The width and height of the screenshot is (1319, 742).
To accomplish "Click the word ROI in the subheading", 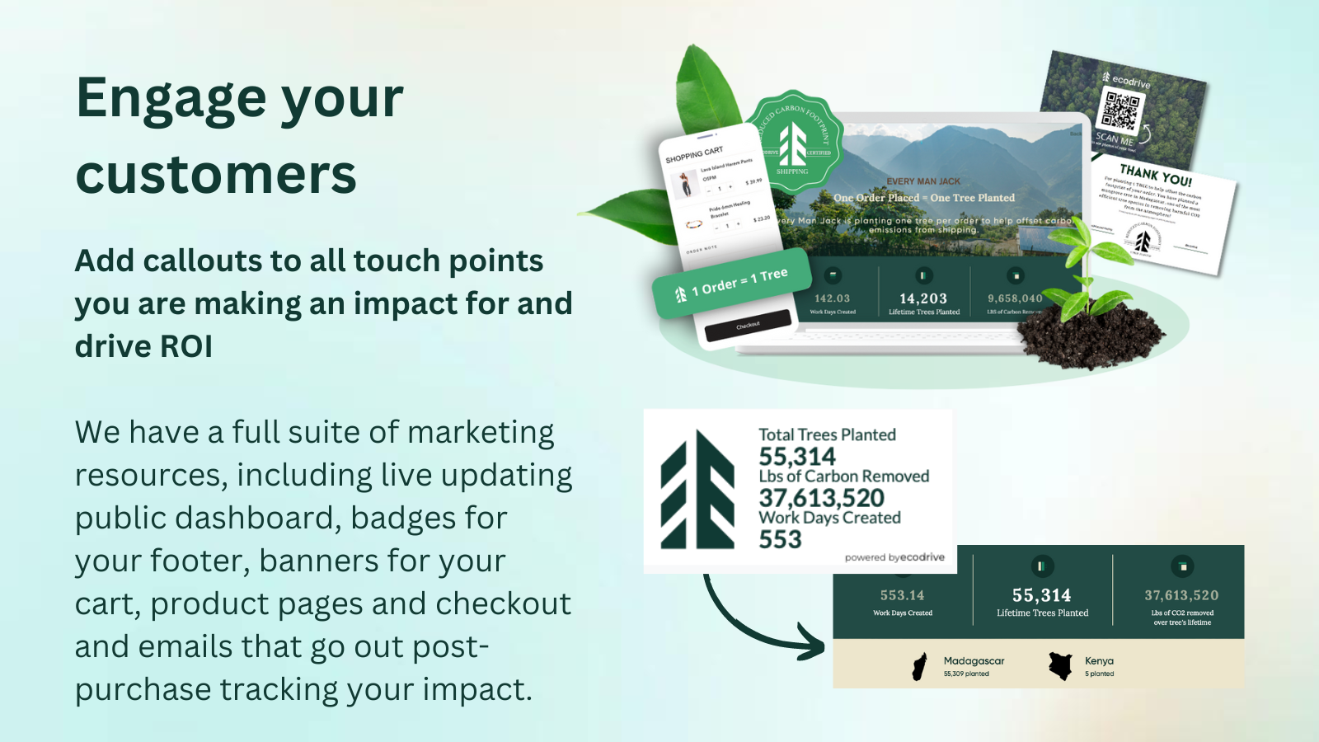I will [x=185, y=347].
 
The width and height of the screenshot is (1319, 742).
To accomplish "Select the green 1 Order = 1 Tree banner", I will [x=731, y=284].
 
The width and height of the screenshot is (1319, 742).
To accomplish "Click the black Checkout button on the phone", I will [x=748, y=326].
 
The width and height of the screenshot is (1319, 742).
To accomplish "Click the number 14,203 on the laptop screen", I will [x=923, y=298].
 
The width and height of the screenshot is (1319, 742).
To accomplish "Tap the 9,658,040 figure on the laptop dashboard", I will [x=1015, y=298].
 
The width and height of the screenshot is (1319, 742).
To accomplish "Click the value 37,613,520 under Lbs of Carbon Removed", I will [x=821, y=498].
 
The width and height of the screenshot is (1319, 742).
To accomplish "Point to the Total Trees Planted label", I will [x=827, y=434].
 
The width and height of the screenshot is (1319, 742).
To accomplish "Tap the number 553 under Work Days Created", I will [x=780, y=539].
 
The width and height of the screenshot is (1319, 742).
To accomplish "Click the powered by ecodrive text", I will [x=894, y=557].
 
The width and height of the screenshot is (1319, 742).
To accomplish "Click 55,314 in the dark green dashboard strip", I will [x=1042, y=595].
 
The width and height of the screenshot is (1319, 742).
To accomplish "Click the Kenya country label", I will [x=1099, y=660].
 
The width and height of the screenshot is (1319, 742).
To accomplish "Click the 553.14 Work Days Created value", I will [x=902, y=595].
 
